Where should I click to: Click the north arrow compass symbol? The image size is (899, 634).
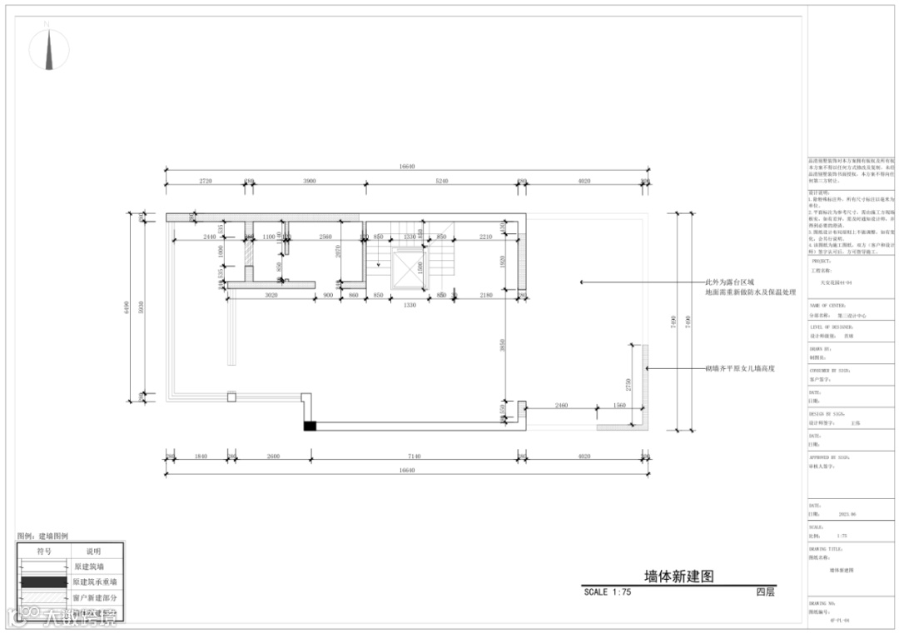pos(49,49)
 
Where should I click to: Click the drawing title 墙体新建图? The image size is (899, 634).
pos(679,577)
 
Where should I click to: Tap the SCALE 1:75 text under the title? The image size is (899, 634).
pos(608,592)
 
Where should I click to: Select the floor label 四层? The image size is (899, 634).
pos(765,592)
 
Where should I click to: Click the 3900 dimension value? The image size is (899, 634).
pos(309,181)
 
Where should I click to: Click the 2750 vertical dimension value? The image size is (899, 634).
pos(628,385)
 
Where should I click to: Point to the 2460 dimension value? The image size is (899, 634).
pos(560,405)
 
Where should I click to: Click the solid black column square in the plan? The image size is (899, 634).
pos(310,427)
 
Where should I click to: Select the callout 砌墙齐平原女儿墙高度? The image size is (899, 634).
pos(740,367)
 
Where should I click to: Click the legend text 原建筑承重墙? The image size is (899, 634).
pos(95,582)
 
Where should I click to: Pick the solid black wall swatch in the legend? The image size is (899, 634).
pos(44,582)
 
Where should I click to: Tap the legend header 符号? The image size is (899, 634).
pos(44,551)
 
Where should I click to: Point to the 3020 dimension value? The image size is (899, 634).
pos(271,295)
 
